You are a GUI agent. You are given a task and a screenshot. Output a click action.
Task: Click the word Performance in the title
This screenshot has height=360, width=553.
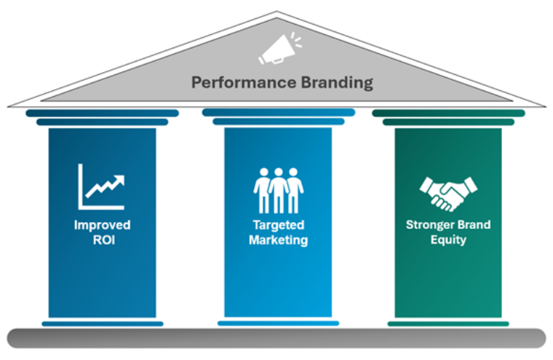pos(234,83)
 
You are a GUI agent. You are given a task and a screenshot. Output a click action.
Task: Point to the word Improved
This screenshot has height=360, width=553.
pos(102,226)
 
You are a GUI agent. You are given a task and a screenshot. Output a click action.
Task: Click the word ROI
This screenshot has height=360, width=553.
pos(102,240)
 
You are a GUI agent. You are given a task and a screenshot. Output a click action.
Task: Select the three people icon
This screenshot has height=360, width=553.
pos(278,190)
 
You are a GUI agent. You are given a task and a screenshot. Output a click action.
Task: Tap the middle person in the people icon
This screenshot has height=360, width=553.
pos(278,190)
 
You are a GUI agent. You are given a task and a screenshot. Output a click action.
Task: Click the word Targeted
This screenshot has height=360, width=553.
pos(278,226)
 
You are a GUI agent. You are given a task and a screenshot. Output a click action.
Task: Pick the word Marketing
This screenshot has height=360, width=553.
pos(278,240)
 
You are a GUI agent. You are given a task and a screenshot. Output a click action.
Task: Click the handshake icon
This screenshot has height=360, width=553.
pos(448,192)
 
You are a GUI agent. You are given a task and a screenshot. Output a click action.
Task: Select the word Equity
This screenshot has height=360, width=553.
pos(448,240)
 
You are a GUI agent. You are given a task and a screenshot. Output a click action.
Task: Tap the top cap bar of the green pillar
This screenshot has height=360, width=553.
pos(448,113)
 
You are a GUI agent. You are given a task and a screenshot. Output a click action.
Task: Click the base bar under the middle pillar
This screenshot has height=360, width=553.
pos(278,323)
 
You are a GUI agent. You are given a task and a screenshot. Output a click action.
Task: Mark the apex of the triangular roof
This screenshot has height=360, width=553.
pos(276,13)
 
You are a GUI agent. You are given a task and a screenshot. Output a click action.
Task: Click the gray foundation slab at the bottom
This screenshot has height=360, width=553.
pos(276,338)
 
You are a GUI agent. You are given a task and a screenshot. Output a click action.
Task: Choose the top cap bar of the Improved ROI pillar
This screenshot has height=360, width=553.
pos(102,113)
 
